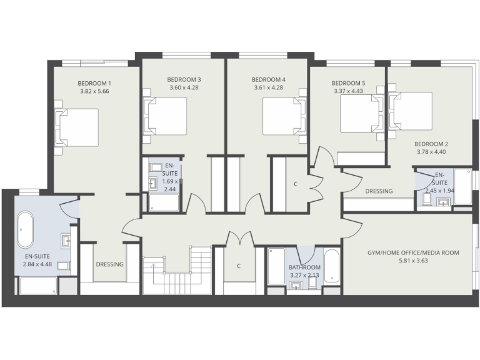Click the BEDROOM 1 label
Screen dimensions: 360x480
click(x=94, y=83)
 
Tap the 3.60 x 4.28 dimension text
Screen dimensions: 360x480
click(x=184, y=87)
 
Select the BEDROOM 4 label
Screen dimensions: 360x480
click(x=268, y=79)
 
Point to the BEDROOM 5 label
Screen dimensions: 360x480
click(x=348, y=83)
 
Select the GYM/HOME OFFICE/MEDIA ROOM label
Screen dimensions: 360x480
click(x=413, y=253)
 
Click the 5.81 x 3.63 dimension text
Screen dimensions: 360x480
click(x=413, y=261)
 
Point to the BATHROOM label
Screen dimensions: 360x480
click(x=304, y=268)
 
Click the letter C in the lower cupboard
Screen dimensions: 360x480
click(x=239, y=266)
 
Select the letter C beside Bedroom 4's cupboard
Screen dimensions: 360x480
click(x=296, y=184)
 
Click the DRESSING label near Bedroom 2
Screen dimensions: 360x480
click(x=379, y=191)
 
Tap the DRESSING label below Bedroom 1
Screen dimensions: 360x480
click(x=109, y=264)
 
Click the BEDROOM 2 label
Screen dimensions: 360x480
click(x=431, y=143)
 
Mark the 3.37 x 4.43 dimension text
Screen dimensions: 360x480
click(x=348, y=91)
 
